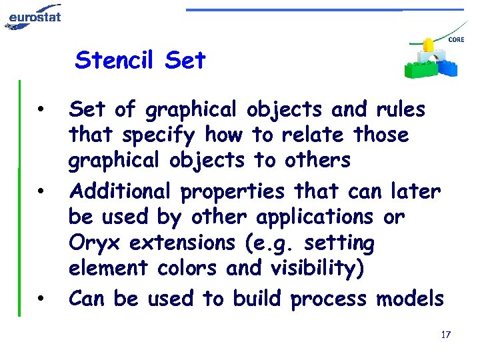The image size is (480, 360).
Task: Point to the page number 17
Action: tap(446, 333)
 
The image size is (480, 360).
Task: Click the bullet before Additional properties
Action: tap(41, 193)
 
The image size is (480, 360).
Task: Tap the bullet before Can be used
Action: tap(41, 299)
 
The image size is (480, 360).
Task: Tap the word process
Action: tap(329, 299)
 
